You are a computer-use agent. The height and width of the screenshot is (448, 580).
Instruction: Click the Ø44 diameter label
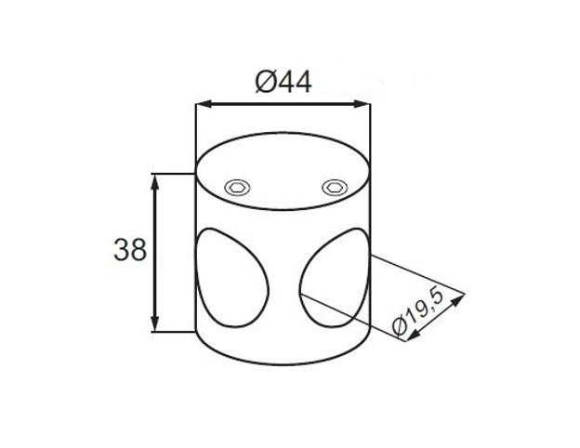[283, 82]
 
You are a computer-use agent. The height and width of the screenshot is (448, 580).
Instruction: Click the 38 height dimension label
[130, 250]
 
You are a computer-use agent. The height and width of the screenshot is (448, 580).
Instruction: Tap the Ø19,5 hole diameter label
[418, 313]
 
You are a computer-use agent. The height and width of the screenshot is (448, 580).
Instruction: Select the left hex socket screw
[237, 188]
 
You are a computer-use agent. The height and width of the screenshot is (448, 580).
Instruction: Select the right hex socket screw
[335, 188]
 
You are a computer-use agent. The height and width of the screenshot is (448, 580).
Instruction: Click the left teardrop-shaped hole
[231, 278]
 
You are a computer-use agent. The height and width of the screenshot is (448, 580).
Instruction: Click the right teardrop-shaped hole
[335, 278]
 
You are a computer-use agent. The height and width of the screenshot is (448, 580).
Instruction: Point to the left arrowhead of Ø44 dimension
[203, 104]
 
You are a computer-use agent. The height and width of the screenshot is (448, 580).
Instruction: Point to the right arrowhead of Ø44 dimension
[362, 104]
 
